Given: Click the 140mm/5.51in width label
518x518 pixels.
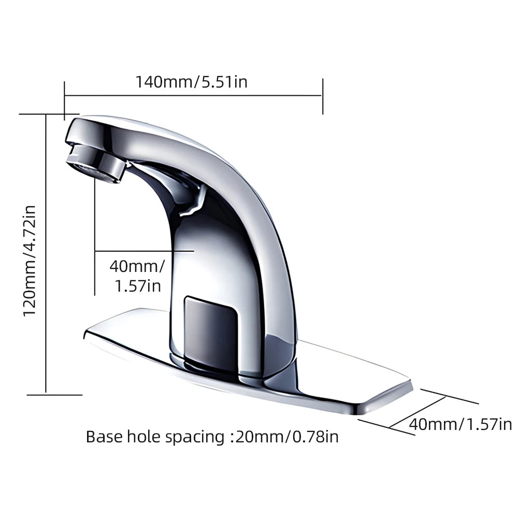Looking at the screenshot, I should pyautogui.click(x=192, y=82).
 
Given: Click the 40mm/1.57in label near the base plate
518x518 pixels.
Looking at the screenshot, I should pyautogui.click(x=461, y=424).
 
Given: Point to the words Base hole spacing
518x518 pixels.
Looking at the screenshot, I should pyautogui.click(x=154, y=436).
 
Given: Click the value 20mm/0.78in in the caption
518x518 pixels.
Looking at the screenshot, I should pyautogui.click(x=287, y=436).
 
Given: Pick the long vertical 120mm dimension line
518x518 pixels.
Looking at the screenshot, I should pyautogui.click(x=47, y=254).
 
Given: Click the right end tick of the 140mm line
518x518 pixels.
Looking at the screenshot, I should pyautogui.click(x=323, y=96).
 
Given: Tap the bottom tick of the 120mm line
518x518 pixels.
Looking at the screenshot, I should pyautogui.click(x=54, y=395).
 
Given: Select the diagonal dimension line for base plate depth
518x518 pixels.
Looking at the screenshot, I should pyautogui.click(x=417, y=413).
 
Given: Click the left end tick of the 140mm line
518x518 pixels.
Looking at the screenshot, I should pyautogui.click(x=64, y=96).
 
